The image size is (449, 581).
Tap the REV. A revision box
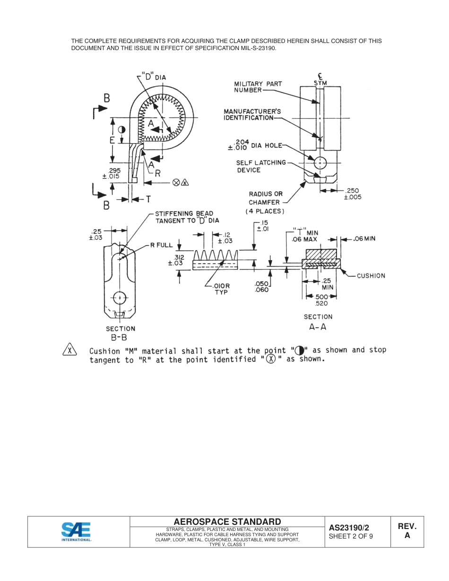[x=407, y=531]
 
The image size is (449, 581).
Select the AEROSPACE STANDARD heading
[x=227, y=521]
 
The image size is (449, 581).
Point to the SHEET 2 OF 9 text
[x=351, y=536]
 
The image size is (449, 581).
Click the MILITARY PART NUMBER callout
[x=258, y=87]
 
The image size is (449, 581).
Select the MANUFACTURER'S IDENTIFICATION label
[x=252, y=114]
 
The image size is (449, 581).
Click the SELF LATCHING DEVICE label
[x=261, y=166]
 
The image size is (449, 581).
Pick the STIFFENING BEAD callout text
[x=187, y=217]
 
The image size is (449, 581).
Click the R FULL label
[x=161, y=245]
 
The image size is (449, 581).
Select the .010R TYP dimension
[x=221, y=289]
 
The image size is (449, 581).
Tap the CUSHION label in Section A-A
[x=371, y=275]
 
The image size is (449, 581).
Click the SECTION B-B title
[x=120, y=333]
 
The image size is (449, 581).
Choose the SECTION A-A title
[x=318, y=321]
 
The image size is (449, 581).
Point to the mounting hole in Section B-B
[x=120, y=298]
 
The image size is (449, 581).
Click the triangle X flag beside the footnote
[x=70, y=350]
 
